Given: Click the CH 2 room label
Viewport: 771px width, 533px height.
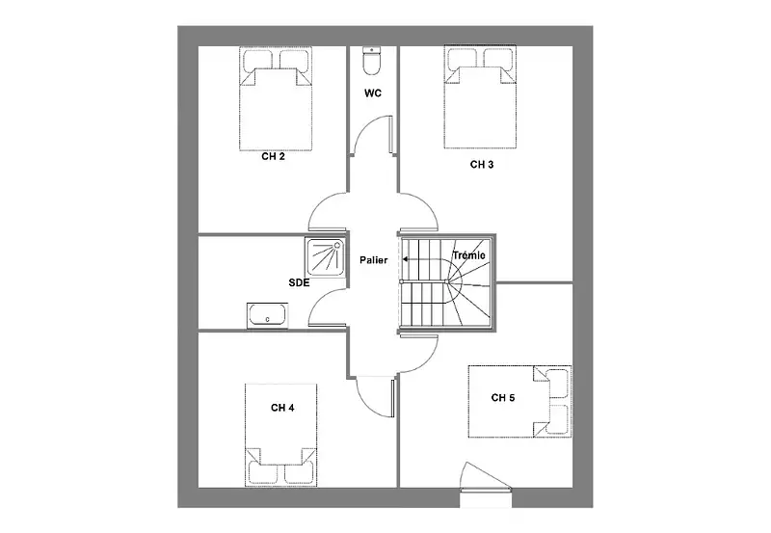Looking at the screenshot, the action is [273, 157].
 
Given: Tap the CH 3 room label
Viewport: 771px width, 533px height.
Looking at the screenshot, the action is [481, 165].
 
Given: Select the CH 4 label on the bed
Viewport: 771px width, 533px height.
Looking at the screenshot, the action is [282, 408].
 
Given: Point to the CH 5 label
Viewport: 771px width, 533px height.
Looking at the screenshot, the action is [502, 397].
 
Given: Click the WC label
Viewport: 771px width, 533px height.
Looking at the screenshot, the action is [373, 93].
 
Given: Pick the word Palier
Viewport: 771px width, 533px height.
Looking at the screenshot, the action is [373, 260].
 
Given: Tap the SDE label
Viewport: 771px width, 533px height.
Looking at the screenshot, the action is [299, 282].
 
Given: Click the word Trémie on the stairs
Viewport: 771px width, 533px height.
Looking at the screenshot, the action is [468, 255].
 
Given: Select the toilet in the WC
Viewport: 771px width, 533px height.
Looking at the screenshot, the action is [372, 61].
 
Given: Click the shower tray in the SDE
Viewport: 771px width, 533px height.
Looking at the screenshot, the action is [325, 257].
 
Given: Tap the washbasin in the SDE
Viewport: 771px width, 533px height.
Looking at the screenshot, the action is [267, 315].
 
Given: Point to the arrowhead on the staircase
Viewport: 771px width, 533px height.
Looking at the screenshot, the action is [406, 259].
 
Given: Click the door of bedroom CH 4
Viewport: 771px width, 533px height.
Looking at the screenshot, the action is [365, 402].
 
